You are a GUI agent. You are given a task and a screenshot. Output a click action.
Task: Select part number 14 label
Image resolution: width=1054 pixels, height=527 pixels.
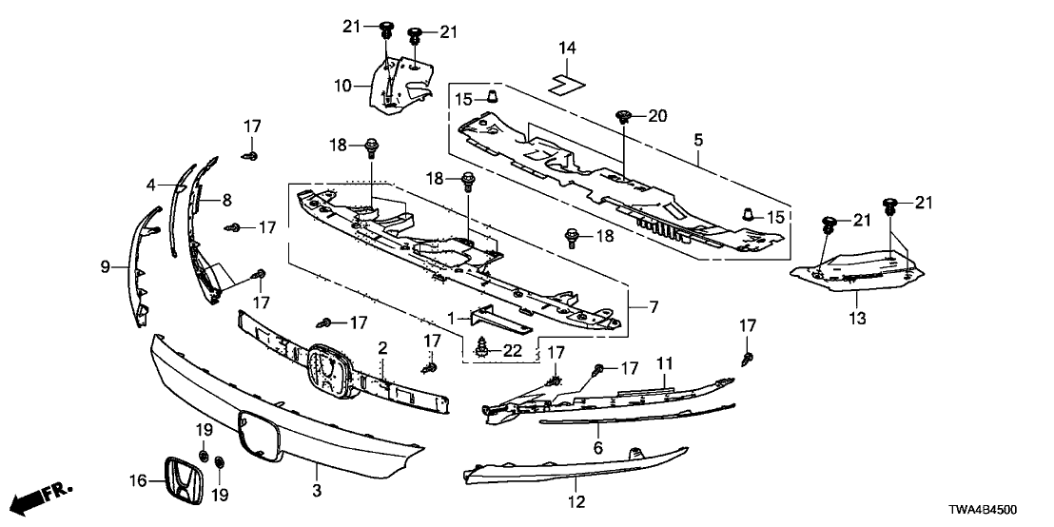(x=567, y=48)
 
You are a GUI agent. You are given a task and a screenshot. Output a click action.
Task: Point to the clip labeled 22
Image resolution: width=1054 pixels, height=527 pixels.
(x=482, y=348)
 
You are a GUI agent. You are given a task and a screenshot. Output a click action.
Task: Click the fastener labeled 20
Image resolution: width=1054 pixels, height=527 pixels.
(x=622, y=116)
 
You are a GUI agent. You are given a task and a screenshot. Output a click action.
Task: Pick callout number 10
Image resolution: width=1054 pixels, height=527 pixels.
(x=342, y=86)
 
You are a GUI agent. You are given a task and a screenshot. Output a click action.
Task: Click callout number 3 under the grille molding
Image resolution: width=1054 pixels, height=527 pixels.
(x=318, y=491)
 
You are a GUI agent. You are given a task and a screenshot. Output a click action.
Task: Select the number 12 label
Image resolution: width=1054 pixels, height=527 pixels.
(x=576, y=501)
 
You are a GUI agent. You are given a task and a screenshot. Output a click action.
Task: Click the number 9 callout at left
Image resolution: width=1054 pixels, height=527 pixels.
(x=105, y=267)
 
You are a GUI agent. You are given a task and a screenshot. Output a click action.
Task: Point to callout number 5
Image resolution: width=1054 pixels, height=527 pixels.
(x=698, y=140)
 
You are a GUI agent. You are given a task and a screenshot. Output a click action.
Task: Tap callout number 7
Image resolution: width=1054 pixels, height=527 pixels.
(x=654, y=306)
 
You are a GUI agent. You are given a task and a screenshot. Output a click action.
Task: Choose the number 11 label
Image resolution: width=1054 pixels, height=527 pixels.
(x=664, y=364)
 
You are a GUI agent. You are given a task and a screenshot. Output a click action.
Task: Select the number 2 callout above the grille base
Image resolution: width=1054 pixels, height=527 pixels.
(x=382, y=347)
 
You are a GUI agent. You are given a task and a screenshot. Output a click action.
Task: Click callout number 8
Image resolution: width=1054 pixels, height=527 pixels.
(x=226, y=199)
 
